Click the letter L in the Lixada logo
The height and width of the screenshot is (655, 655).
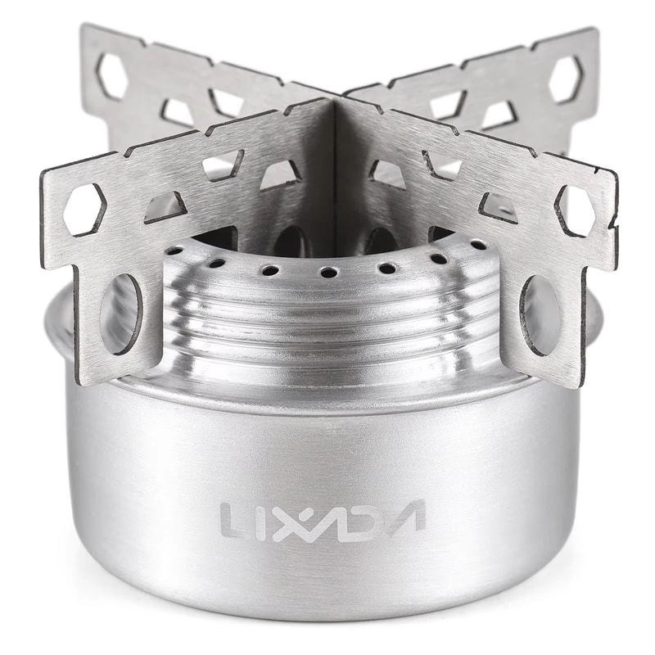pos(233,517)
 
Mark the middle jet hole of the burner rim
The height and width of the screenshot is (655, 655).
pos(327,272)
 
